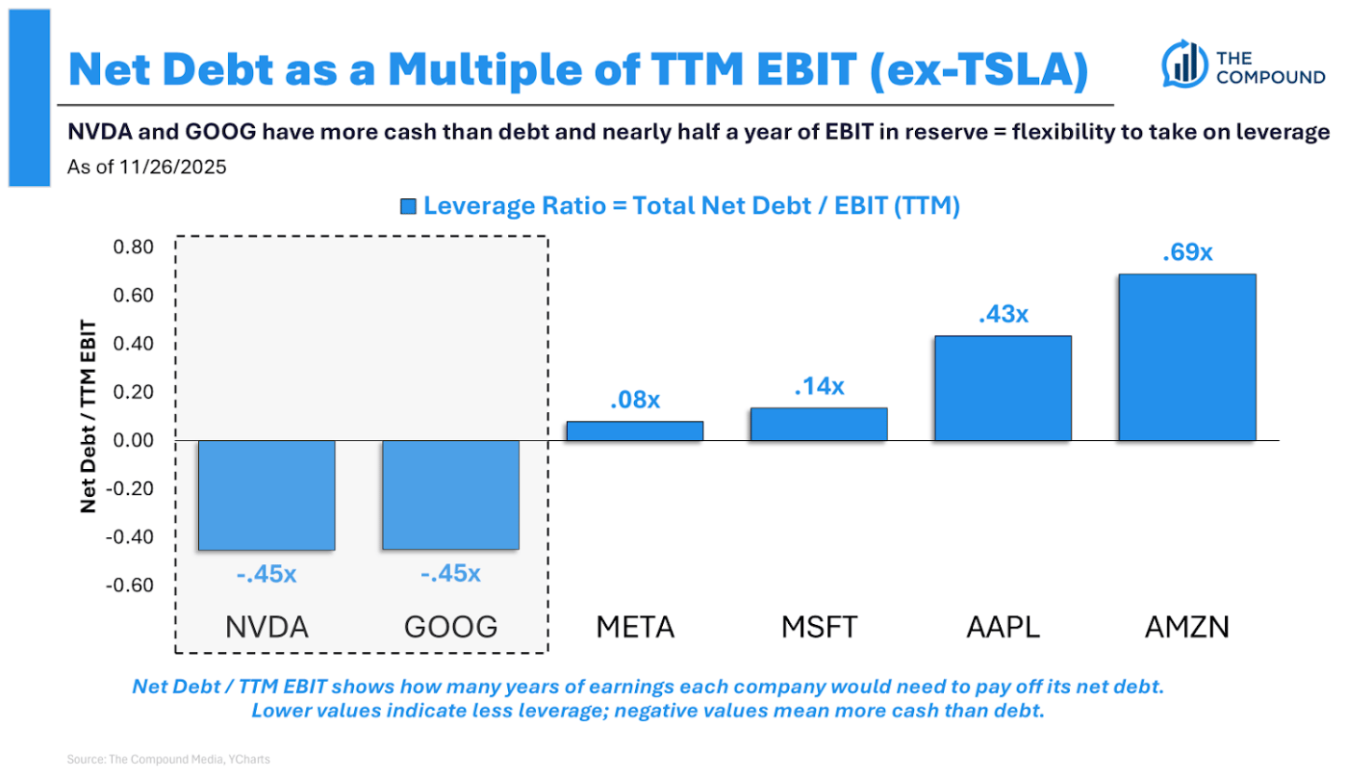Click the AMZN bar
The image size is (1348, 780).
point(1186,357)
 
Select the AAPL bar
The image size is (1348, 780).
point(1003,388)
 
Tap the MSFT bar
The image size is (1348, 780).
point(819,425)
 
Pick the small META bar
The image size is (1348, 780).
point(634,431)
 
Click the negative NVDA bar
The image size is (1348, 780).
point(267,495)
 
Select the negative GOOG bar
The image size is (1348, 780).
point(450,495)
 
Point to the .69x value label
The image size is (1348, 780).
point(1186,253)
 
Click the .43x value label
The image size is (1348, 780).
point(1003,315)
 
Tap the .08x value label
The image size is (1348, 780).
point(634,400)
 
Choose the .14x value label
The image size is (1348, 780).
point(819,386)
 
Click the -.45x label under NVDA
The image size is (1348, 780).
point(267,574)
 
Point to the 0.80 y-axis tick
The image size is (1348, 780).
point(134,247)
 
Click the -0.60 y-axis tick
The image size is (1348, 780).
point(131,585)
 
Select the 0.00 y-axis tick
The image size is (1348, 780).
point(134,441)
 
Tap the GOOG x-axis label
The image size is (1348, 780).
point(450,628)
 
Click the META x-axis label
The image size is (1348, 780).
point(634,628)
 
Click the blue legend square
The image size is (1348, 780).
point(408,206)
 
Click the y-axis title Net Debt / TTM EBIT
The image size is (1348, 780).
point(89,416)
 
